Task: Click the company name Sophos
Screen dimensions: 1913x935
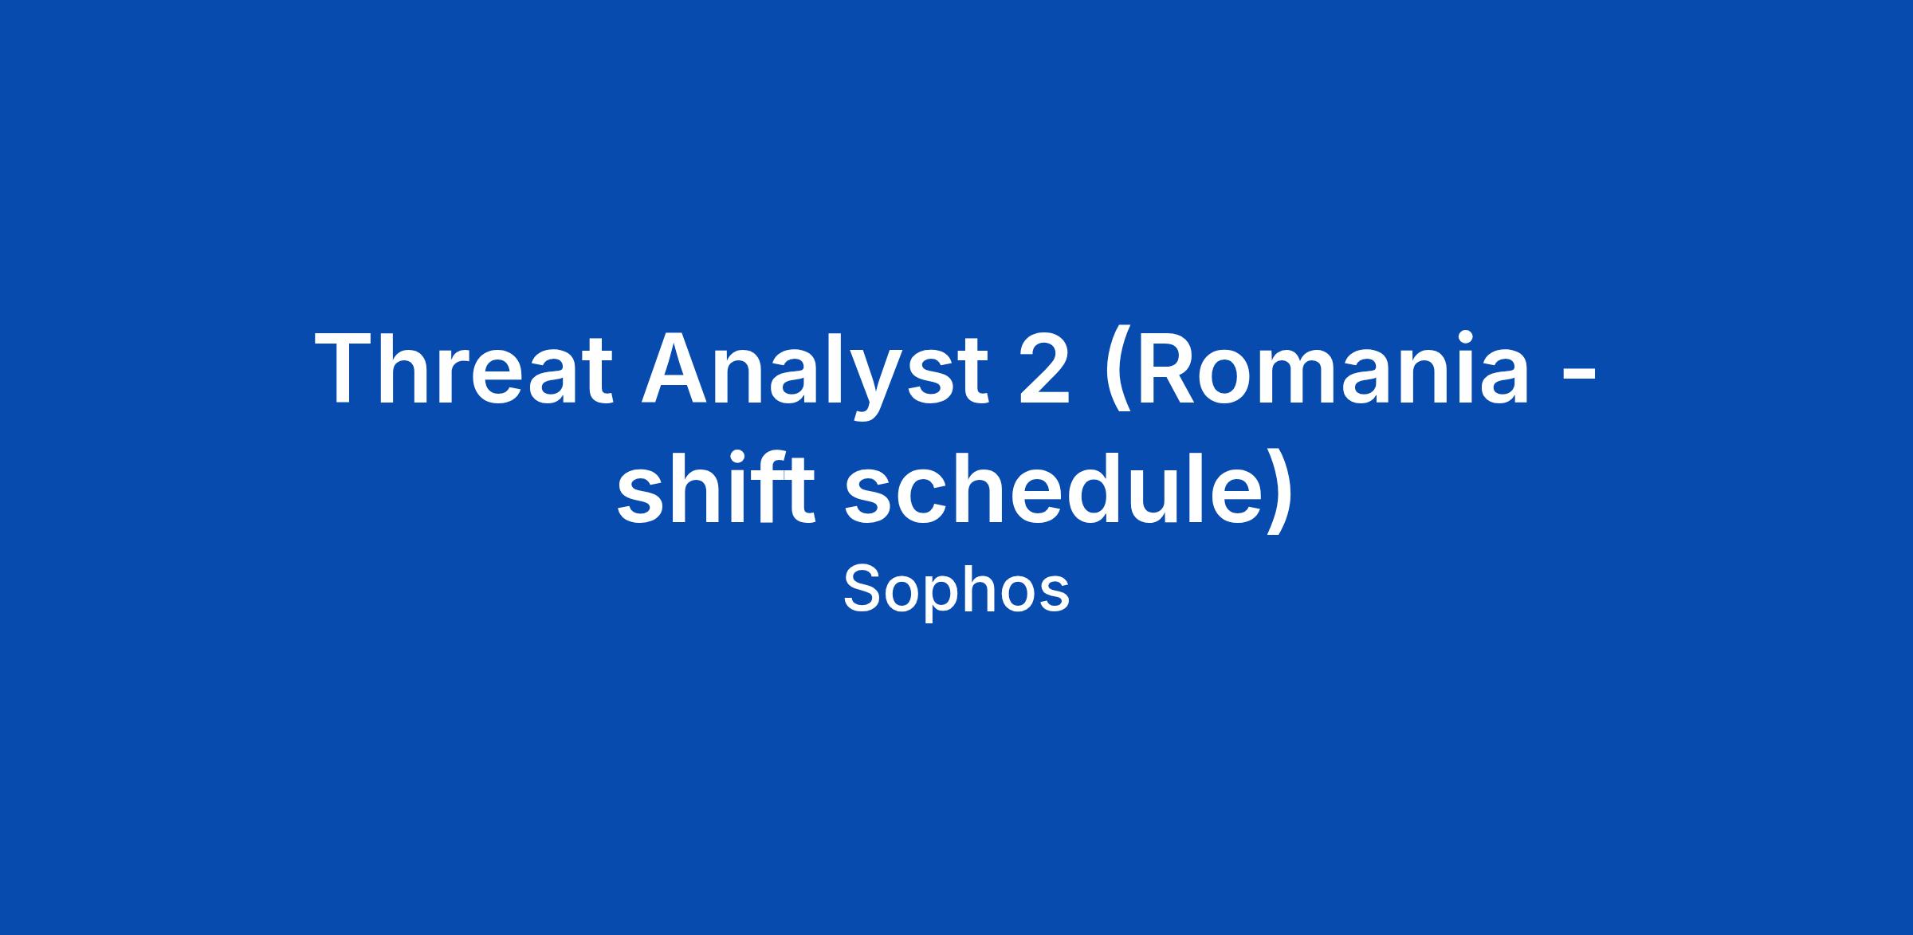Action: coord(956,591)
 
